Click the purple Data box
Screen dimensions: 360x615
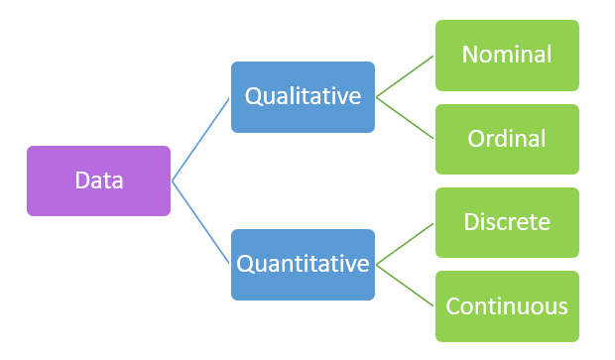pos(98,180)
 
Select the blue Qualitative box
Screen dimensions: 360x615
pos(303,97)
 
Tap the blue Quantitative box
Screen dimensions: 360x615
pos(303,265)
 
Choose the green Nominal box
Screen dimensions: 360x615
pos(507,55)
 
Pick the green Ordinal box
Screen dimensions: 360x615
pos(507,139)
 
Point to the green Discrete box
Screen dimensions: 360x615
pos(507,222)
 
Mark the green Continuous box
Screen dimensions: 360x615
pos(507,306)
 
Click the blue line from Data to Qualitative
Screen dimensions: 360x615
pos(201,139)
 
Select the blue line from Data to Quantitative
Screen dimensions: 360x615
pos(201,223)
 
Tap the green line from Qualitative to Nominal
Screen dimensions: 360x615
pos(405,76)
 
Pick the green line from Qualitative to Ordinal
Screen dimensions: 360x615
pos(405,118)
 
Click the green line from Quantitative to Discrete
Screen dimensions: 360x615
pos(405,244)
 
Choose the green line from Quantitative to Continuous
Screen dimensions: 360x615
pos(405,286)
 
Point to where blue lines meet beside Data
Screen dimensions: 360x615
pos(173,180)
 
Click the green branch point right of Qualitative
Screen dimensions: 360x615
pos(376,97)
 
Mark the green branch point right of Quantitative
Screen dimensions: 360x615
pos(376,265)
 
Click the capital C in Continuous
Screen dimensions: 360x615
pos(453,306)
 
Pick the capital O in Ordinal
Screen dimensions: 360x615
pos(476,139)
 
